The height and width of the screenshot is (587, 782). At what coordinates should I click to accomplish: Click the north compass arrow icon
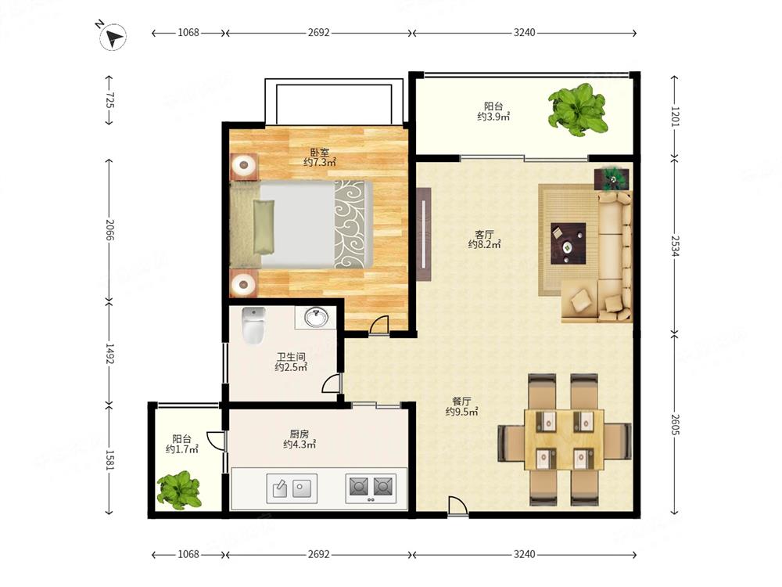tap(113, 38)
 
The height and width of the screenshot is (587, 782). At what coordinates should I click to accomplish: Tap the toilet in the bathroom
tap(253, 326)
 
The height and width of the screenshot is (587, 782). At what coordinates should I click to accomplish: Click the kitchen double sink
tap(292, 488)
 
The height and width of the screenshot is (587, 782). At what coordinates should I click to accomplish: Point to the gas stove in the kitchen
tap(371, 488)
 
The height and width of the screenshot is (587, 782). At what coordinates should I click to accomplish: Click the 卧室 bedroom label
tap(320, 153)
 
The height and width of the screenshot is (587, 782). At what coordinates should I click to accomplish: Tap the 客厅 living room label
tap(484, 234)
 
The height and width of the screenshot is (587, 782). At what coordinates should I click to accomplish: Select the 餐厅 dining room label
tap(462, 402)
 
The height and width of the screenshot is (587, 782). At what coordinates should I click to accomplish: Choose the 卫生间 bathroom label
tap(291, 357)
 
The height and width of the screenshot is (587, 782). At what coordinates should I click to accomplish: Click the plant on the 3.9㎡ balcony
tap(578, 110)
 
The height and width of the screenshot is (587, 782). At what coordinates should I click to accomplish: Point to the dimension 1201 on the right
tap(674, 117)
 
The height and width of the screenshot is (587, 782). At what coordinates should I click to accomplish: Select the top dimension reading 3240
tap(524, 32)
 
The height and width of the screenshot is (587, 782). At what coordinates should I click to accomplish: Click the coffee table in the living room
tap(568, 243)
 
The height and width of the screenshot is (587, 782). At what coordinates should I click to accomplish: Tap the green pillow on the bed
tap(264, 226)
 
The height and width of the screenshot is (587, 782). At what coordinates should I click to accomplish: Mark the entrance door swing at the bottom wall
tap(457, 506)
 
